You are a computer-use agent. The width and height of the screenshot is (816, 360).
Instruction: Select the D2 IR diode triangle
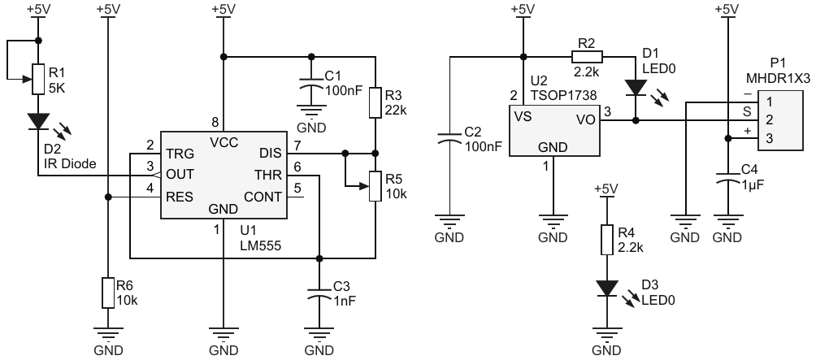38,121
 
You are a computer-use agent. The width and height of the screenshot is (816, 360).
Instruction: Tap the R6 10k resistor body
108,292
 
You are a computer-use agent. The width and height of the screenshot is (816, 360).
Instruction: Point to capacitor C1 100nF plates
311,85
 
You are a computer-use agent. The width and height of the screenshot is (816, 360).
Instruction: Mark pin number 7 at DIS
297,145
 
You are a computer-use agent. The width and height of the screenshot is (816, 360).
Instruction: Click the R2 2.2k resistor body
587,57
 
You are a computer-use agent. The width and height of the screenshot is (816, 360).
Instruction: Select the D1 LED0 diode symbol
635,87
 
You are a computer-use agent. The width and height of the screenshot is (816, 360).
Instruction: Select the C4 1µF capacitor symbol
724,180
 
